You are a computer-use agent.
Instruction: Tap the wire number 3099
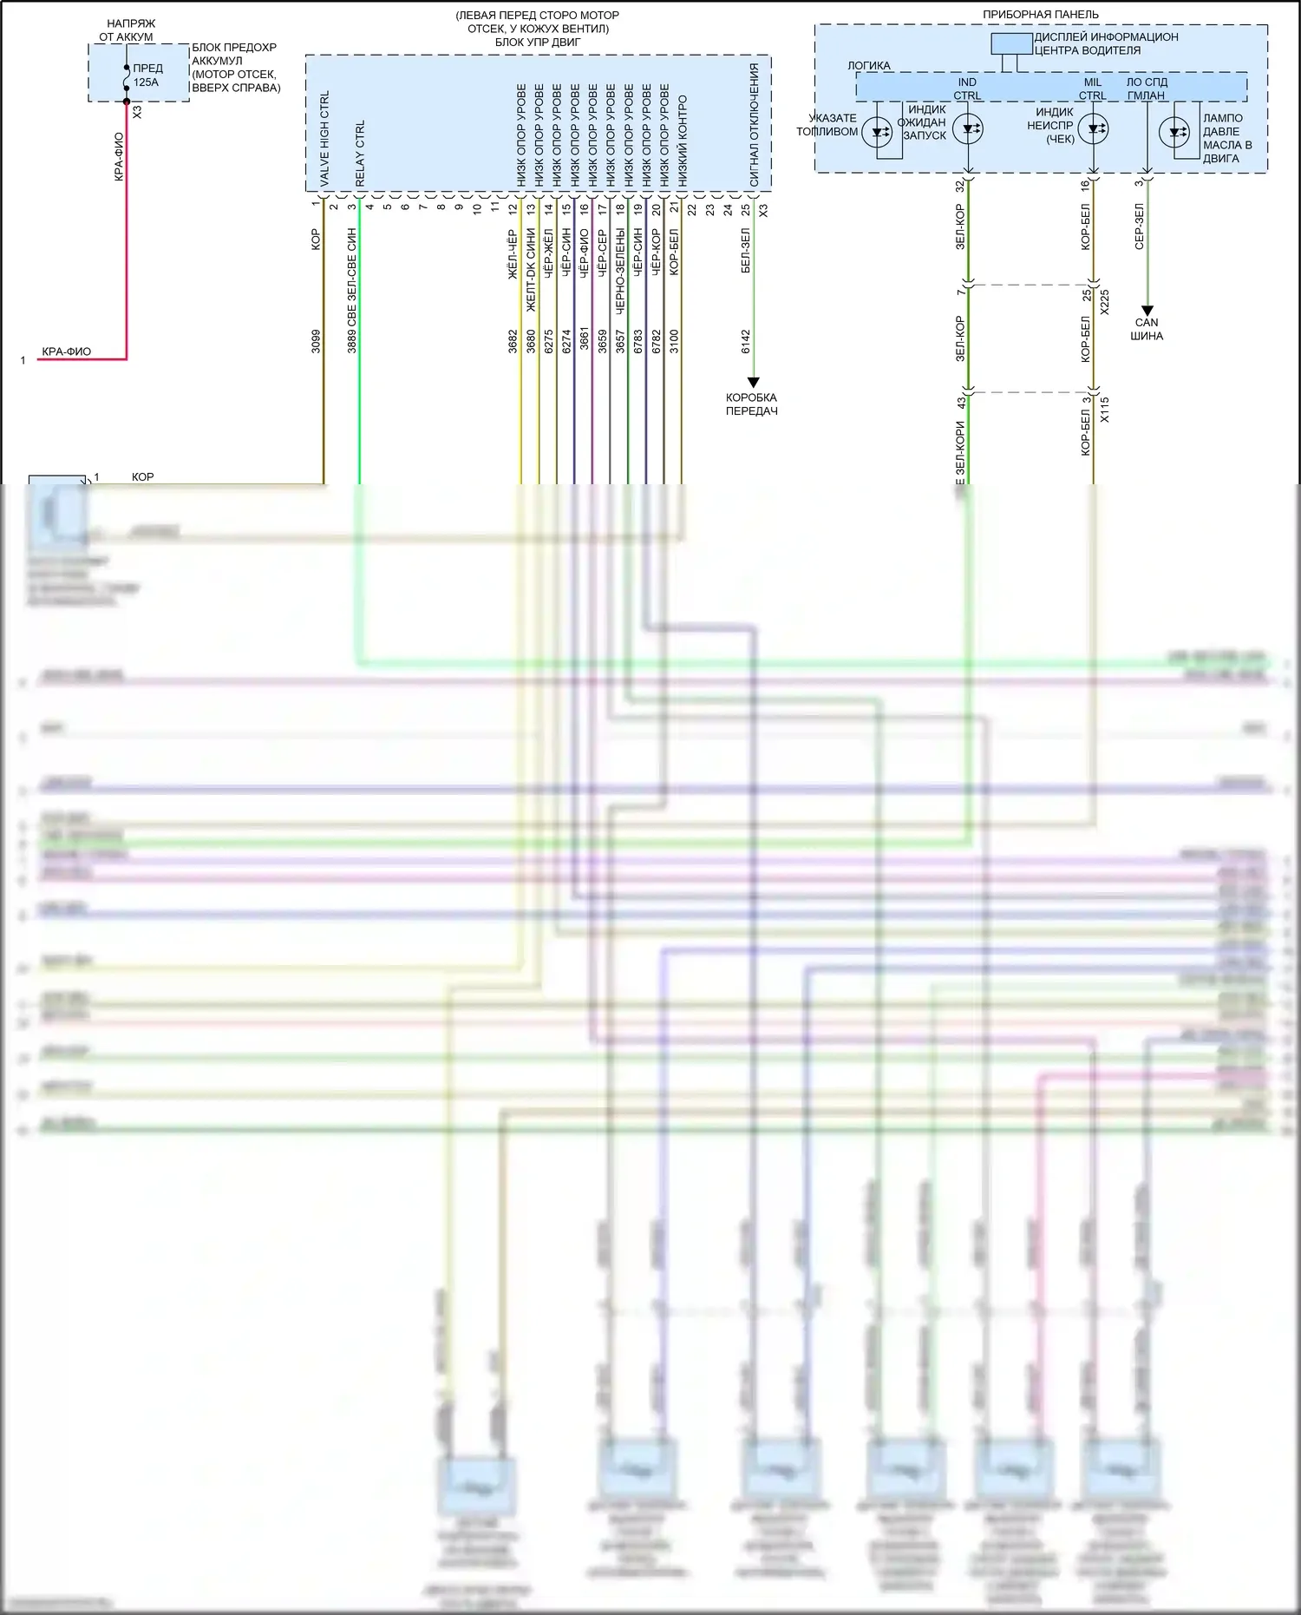(x=316, y=340)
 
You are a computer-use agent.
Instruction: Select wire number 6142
(x=746, y=340)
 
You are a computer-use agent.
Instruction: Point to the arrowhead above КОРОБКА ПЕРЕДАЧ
(x=753, y=382)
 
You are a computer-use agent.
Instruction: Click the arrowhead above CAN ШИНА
(x=1147, y=310)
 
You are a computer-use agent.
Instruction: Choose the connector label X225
(x=1104, y=301)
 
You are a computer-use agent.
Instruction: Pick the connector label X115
(x=1104, y=410)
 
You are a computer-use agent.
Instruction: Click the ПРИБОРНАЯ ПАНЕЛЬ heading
(x=1040, y=15)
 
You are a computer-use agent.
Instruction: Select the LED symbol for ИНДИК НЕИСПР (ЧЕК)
(x=1093, y=130)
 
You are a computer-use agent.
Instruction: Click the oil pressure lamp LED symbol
(x=1174, y=133)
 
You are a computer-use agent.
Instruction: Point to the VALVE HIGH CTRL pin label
(x=324, y=139)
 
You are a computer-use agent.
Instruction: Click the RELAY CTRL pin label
(x=360, y=153)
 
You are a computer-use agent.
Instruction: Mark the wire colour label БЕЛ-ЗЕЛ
(x=746, y=252)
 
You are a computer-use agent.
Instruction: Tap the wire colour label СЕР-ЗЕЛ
(x=1139, y=227)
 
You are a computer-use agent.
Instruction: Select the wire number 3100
(x=674, y=340)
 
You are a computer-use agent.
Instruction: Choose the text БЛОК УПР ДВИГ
(x=538, y=42)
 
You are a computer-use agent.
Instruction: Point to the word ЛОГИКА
(x=868, y=66)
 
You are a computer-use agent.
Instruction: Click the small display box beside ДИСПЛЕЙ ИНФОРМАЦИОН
(x=1011, y=43)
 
